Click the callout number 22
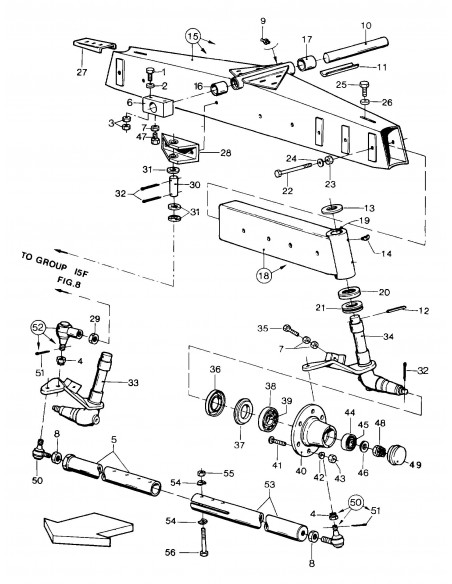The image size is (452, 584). pyautogui.click(x=288, y=191)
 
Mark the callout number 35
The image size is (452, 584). pyautogui.click(x=263, y=326)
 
